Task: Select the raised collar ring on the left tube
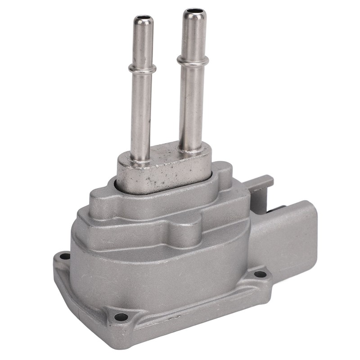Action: pyautogui.click(x=142, y=68)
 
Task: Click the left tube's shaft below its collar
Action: pyautogui.click(x=141, y=112)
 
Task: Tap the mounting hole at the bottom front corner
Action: pyautogui.click(x=120, y=317)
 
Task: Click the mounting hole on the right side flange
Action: pyautogui.click(x=260, y=274)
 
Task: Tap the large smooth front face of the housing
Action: pyautogui.click(x=157, y=270)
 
